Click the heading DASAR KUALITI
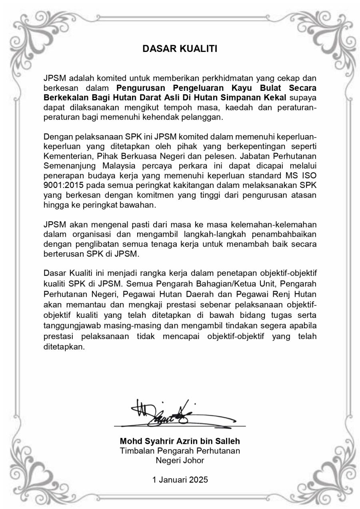point(180,49)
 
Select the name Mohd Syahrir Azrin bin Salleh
point(180,441)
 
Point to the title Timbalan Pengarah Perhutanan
point(180,451)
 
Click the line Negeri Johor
point(180,461)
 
